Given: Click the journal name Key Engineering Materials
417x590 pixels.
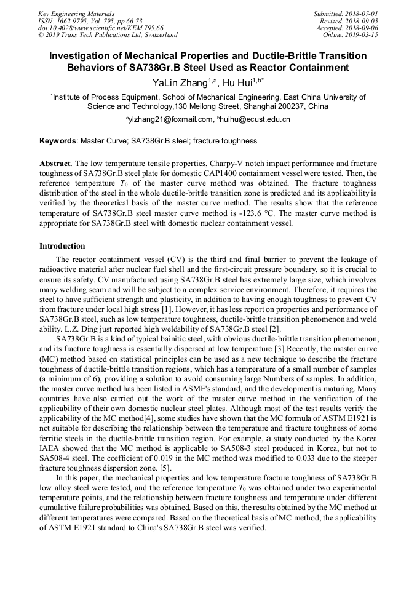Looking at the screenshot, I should [x=76, y=13].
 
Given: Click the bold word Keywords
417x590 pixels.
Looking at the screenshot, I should [x=58, y=141].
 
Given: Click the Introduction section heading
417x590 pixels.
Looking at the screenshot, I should [x=62, y=246].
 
